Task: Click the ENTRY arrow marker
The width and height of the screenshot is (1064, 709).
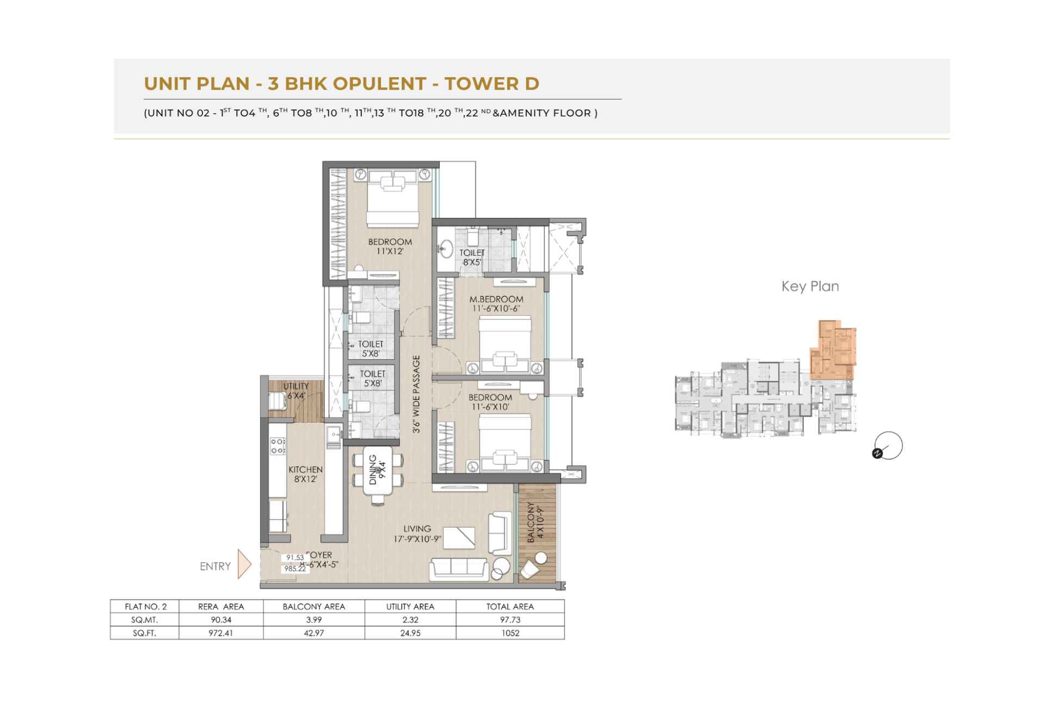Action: (244, 565)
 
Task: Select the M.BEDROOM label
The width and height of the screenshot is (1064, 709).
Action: (496, 299)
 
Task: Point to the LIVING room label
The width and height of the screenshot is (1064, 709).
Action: (417, 528)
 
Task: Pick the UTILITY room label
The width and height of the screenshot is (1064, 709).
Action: (296, 386)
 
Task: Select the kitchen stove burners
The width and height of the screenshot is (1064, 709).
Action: (278, 446)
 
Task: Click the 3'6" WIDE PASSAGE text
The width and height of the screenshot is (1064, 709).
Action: (416, 394)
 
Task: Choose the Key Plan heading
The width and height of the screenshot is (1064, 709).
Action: (810, 286)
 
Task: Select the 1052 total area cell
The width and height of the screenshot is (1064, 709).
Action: (510, 633)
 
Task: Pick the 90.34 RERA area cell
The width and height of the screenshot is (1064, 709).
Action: (221, 620)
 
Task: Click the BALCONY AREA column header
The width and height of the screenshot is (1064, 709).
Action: (314, 606)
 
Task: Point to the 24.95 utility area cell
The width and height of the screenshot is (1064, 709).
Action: (410, 633)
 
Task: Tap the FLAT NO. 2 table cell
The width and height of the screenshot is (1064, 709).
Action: (145, 606)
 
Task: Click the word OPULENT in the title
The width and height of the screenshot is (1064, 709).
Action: (379, 83)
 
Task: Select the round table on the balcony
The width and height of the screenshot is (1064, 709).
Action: (541, 558)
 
